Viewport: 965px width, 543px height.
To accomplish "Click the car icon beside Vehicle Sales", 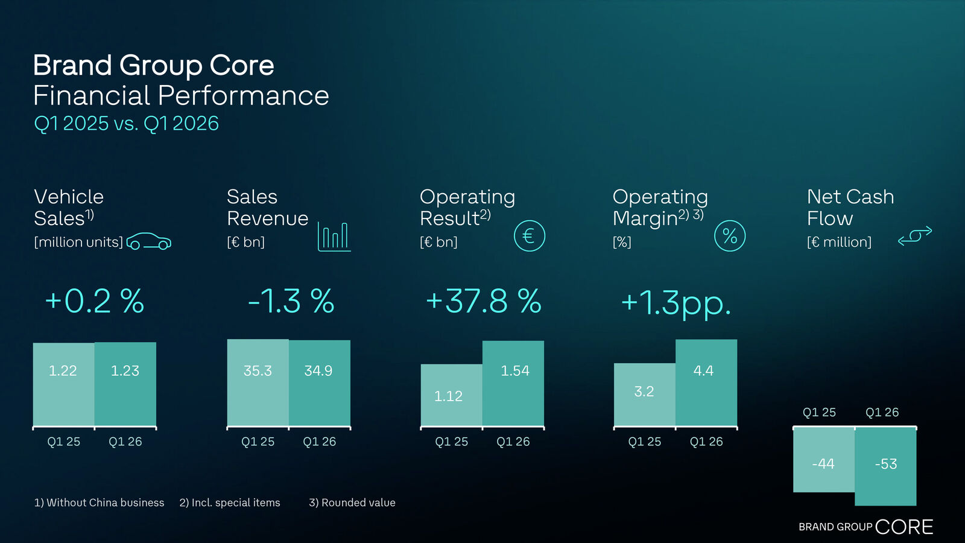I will click(148, 241).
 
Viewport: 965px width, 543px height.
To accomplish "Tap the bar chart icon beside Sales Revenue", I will click(334, 237).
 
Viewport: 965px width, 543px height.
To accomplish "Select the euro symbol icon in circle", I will click(529, 236).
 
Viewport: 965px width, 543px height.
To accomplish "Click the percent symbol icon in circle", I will click(730, 236).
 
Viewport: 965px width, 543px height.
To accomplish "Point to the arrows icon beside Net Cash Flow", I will click(915, 236).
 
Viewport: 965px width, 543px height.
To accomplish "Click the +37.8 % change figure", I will click(483, 301).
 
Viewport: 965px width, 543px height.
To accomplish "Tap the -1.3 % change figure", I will click(291, 301).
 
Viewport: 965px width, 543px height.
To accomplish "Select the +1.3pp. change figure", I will click(675, 302).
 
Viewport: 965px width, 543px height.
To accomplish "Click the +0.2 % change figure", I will click(95, 301).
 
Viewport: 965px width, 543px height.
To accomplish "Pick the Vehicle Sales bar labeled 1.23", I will click(125, 384).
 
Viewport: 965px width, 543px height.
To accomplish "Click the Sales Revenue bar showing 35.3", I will click(258, 383).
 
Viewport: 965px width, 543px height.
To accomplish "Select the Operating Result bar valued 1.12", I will click(451, 395).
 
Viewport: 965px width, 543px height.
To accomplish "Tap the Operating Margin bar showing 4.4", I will click(706, 383).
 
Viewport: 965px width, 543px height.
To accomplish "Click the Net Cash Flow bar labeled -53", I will click(885, 466).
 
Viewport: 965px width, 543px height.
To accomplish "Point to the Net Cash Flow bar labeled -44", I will click(823, 460).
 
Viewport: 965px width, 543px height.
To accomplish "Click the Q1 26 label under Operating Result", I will click(513, 442).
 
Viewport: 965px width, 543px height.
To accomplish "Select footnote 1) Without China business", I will click(99, 503).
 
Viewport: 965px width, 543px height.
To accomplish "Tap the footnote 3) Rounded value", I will click(352, 503).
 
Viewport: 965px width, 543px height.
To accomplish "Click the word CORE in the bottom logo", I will click(903, 527).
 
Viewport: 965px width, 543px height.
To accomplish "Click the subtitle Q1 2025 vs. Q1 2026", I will click(126, 124).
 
